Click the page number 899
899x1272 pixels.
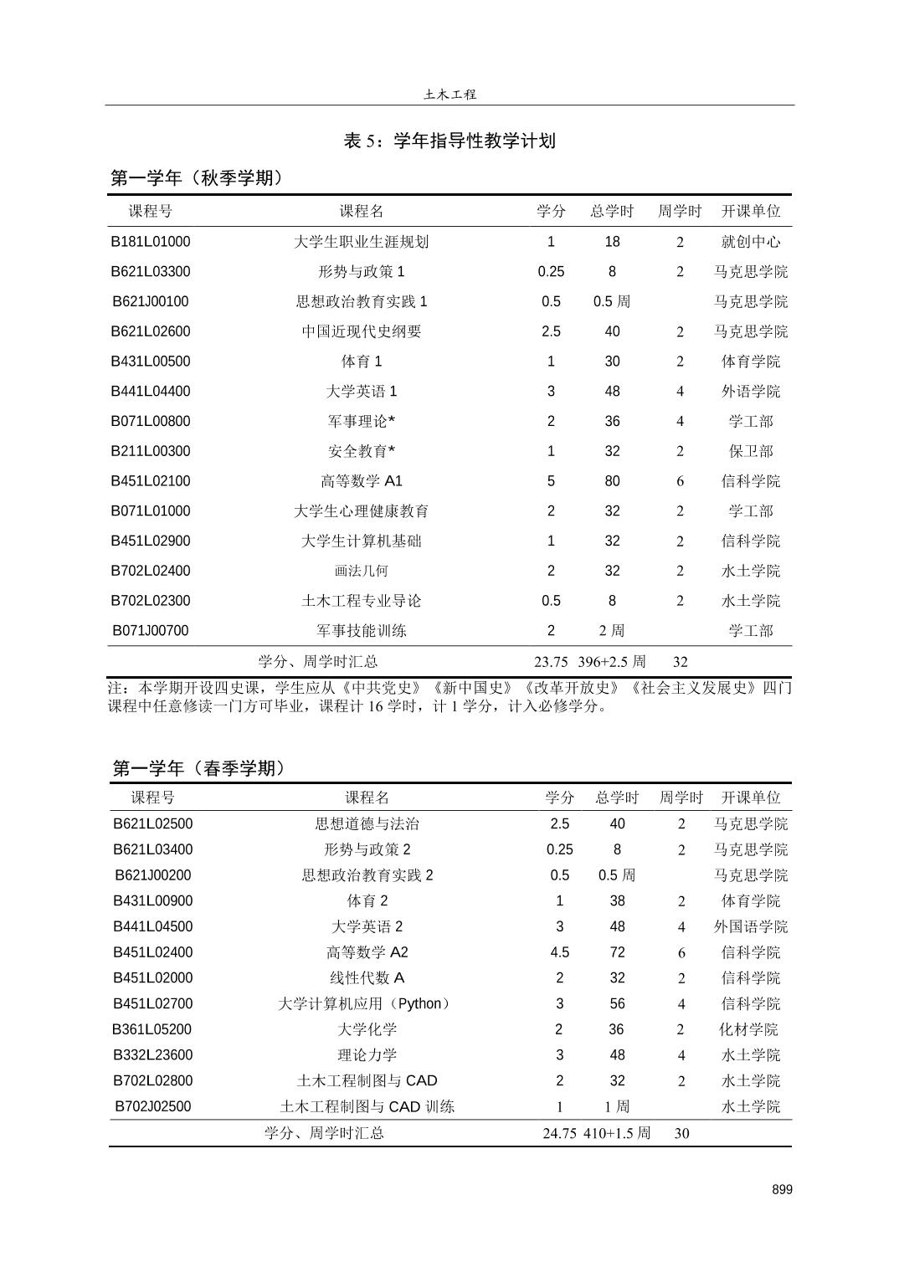tap(782, 1189)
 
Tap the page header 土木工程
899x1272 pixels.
tap(449, 95)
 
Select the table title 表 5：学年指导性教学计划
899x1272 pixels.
tap(449, 141)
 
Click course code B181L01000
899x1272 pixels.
tap(151, 242)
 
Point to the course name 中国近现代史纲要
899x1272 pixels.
tap(362, 331)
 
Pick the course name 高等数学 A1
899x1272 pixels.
tap(362, 481)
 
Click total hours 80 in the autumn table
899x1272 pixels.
tap(613, 481)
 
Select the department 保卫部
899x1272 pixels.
tap(751, 451)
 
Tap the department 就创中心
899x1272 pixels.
tap(751, 242)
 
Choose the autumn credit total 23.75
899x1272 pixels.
tap(551, 662)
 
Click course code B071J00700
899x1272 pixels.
tap(151, 631)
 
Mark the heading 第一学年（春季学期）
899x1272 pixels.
tap(199, 768)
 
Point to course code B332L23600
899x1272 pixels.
tap(152, 1055)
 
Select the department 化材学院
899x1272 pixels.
tap(749, 1029)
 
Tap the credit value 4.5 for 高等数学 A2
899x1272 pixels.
tap(560, 952)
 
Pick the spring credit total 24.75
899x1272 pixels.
tap(559, 1133)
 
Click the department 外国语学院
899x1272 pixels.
tap(751, 926)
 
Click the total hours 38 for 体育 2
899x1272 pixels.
tap(618, 901)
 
